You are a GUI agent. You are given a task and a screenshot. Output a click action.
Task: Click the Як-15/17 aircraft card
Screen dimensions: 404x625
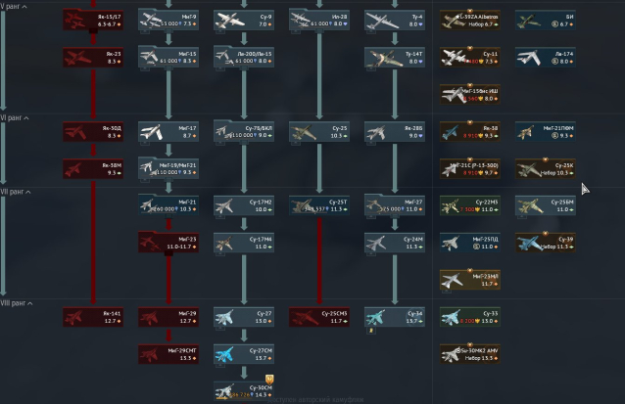(x=93, y=21)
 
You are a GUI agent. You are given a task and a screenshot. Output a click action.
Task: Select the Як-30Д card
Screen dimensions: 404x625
(x=93, y=131)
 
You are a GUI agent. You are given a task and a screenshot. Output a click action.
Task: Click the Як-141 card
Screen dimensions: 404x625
(x=93, y=316)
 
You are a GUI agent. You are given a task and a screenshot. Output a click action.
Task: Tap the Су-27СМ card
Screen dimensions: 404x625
(x=244, y=353)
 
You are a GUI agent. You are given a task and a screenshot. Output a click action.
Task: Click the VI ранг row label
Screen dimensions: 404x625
(x=14, y=117)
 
